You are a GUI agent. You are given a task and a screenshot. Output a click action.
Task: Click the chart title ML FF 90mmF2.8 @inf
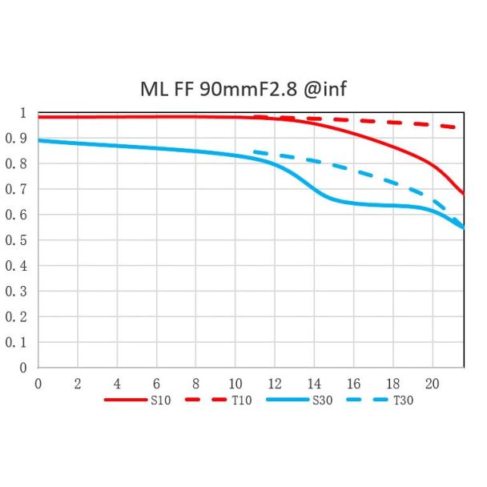coord(243,87)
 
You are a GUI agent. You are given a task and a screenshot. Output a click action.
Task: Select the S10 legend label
coord(160,400)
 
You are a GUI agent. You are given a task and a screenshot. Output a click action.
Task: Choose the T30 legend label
coord(403,400)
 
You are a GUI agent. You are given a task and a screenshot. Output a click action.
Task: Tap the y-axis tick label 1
coord(24,112)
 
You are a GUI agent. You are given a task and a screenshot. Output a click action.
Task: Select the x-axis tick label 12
coord(274,383)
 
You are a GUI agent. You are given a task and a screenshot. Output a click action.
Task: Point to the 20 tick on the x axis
coord(432,383)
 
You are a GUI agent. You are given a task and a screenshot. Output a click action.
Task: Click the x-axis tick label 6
coord(156,383)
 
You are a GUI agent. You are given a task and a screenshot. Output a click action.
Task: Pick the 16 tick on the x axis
coord(353,383)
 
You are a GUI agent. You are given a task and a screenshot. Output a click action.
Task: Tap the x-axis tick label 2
coord(78,383)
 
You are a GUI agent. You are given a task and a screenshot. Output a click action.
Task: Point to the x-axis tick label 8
coord(195,383)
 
